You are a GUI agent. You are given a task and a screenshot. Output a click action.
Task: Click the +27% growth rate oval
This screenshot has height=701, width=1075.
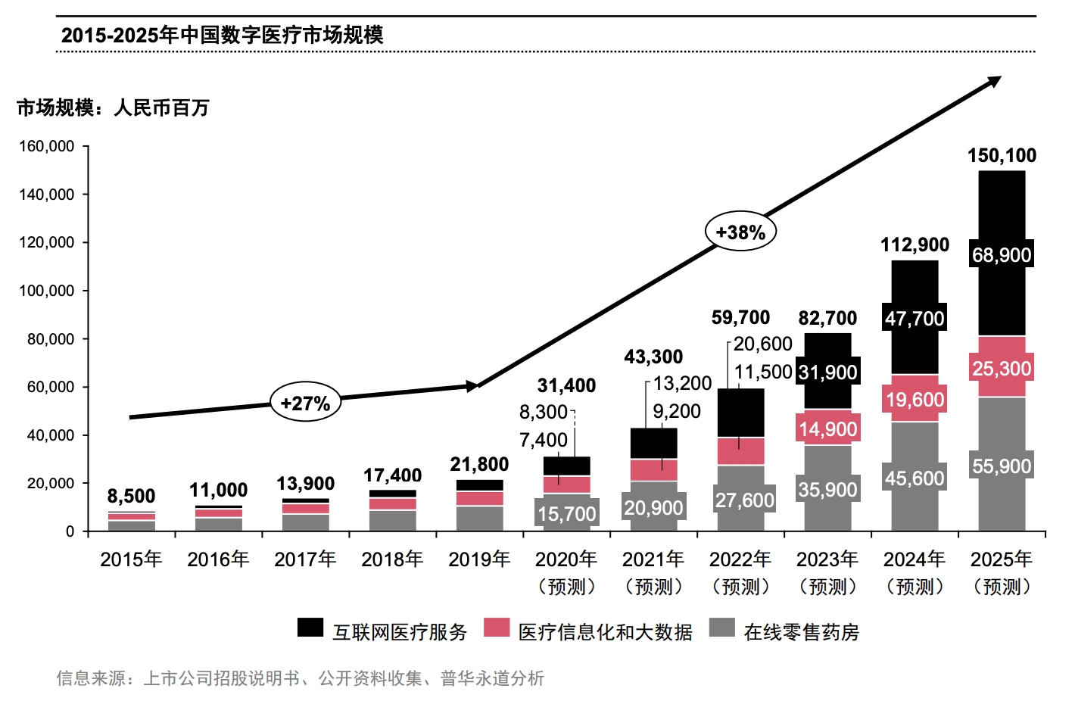305,403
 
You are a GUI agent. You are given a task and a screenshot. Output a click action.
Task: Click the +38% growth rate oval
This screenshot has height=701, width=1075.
740,232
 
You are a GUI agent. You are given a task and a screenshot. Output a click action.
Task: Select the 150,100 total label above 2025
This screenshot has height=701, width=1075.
1002,156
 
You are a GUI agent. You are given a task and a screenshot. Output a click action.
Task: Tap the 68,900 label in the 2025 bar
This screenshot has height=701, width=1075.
1002,255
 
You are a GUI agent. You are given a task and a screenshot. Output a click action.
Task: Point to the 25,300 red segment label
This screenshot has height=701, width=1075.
1002,369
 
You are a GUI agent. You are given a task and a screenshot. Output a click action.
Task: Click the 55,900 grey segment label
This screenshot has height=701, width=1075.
1002,466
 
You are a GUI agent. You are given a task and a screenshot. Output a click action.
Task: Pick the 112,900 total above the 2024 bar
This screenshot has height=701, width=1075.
915,245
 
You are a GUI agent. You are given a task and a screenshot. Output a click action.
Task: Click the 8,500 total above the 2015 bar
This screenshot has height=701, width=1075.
131,497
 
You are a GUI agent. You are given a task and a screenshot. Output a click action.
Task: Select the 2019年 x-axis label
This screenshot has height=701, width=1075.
479,559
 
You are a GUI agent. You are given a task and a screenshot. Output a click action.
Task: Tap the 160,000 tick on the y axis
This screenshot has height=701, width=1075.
47,146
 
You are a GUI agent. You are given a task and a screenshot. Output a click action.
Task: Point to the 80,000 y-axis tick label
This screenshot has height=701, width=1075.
51,339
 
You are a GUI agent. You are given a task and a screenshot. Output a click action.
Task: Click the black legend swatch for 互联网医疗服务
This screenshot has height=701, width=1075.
310,628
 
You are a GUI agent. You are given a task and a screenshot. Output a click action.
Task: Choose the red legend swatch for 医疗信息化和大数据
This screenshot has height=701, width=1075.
497,628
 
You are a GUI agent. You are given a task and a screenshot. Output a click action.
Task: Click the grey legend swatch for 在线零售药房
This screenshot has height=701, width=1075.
722,628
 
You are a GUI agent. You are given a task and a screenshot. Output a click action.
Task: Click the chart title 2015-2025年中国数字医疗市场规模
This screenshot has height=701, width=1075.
222,35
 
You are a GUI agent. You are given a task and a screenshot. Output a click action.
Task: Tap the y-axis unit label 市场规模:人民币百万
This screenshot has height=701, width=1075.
113,108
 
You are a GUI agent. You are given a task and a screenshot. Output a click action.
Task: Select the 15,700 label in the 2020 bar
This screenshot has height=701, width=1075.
567,515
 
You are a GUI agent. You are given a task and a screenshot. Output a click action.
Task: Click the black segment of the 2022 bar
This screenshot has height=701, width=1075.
740,413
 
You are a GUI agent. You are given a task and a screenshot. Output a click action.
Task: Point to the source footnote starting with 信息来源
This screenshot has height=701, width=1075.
301,678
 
